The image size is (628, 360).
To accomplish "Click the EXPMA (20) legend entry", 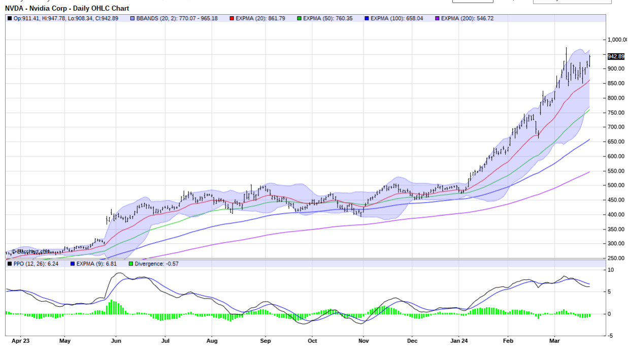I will click(260, 18).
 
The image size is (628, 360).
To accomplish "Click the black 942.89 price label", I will click(616, 56).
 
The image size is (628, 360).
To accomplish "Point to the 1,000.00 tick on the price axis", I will click(617, 40).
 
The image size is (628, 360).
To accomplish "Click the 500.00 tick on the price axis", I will click(616, 185).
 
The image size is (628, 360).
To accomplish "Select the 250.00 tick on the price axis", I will click(616, 258).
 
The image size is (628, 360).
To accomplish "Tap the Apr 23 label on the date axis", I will click(20, 341).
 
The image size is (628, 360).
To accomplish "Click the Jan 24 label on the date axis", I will click(459, 341).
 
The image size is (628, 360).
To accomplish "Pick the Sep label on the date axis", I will click(265, 341).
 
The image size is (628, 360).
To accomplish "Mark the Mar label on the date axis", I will click(554, 341).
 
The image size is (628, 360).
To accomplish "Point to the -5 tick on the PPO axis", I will click(612, 336).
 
